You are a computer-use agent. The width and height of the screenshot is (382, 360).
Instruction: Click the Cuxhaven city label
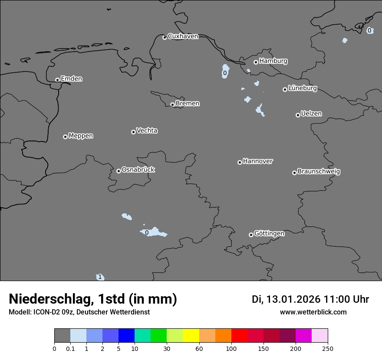pyautogui.click(x=183, y=36)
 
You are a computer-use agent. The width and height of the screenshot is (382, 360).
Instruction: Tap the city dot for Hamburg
pyautogui.click(x=256, y=62)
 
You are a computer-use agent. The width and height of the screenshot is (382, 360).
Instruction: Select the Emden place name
pyautogui.click(x=71, y=79)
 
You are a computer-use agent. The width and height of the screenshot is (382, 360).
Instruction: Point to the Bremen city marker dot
pyautogui.click(x=172, y=105)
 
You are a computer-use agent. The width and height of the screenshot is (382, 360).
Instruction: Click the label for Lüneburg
pyautogui.click(x=302, y=88)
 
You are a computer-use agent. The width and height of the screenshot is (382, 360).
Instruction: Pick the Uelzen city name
pyautogui.click(x=311, y=114)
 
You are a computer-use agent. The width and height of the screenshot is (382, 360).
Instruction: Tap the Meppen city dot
pyautogui.click(x=65, y=137)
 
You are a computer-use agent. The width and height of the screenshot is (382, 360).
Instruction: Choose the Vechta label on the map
pyautogui.click(x=147, y=131)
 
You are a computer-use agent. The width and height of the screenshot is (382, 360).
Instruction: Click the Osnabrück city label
pyautogui.click(x=138, y=170)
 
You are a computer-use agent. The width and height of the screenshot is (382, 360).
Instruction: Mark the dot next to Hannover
pyautogui.click(x=240, y=162)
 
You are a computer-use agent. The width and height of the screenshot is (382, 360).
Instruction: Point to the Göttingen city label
pyautogui.click(x=269, y=234)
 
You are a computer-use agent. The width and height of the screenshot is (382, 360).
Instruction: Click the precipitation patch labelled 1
pyautogui.click(x=100, y=277)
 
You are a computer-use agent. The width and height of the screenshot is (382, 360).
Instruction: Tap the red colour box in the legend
pyautogui.click(x=239, y=336)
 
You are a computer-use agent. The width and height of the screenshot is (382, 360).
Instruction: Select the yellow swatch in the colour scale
pyautogui.click(x=191, y=336)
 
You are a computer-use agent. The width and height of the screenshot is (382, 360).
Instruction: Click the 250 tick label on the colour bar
pyautogui.click(x=328, y=348)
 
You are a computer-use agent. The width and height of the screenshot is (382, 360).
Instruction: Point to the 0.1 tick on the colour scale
pyautogui.click(x=70, y=348)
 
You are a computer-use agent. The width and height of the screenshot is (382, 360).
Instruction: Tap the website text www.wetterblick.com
pyautogui.click(x=313, y=312)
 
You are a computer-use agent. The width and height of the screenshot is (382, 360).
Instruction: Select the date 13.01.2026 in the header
pyautogui.click(x=293, y=299)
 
